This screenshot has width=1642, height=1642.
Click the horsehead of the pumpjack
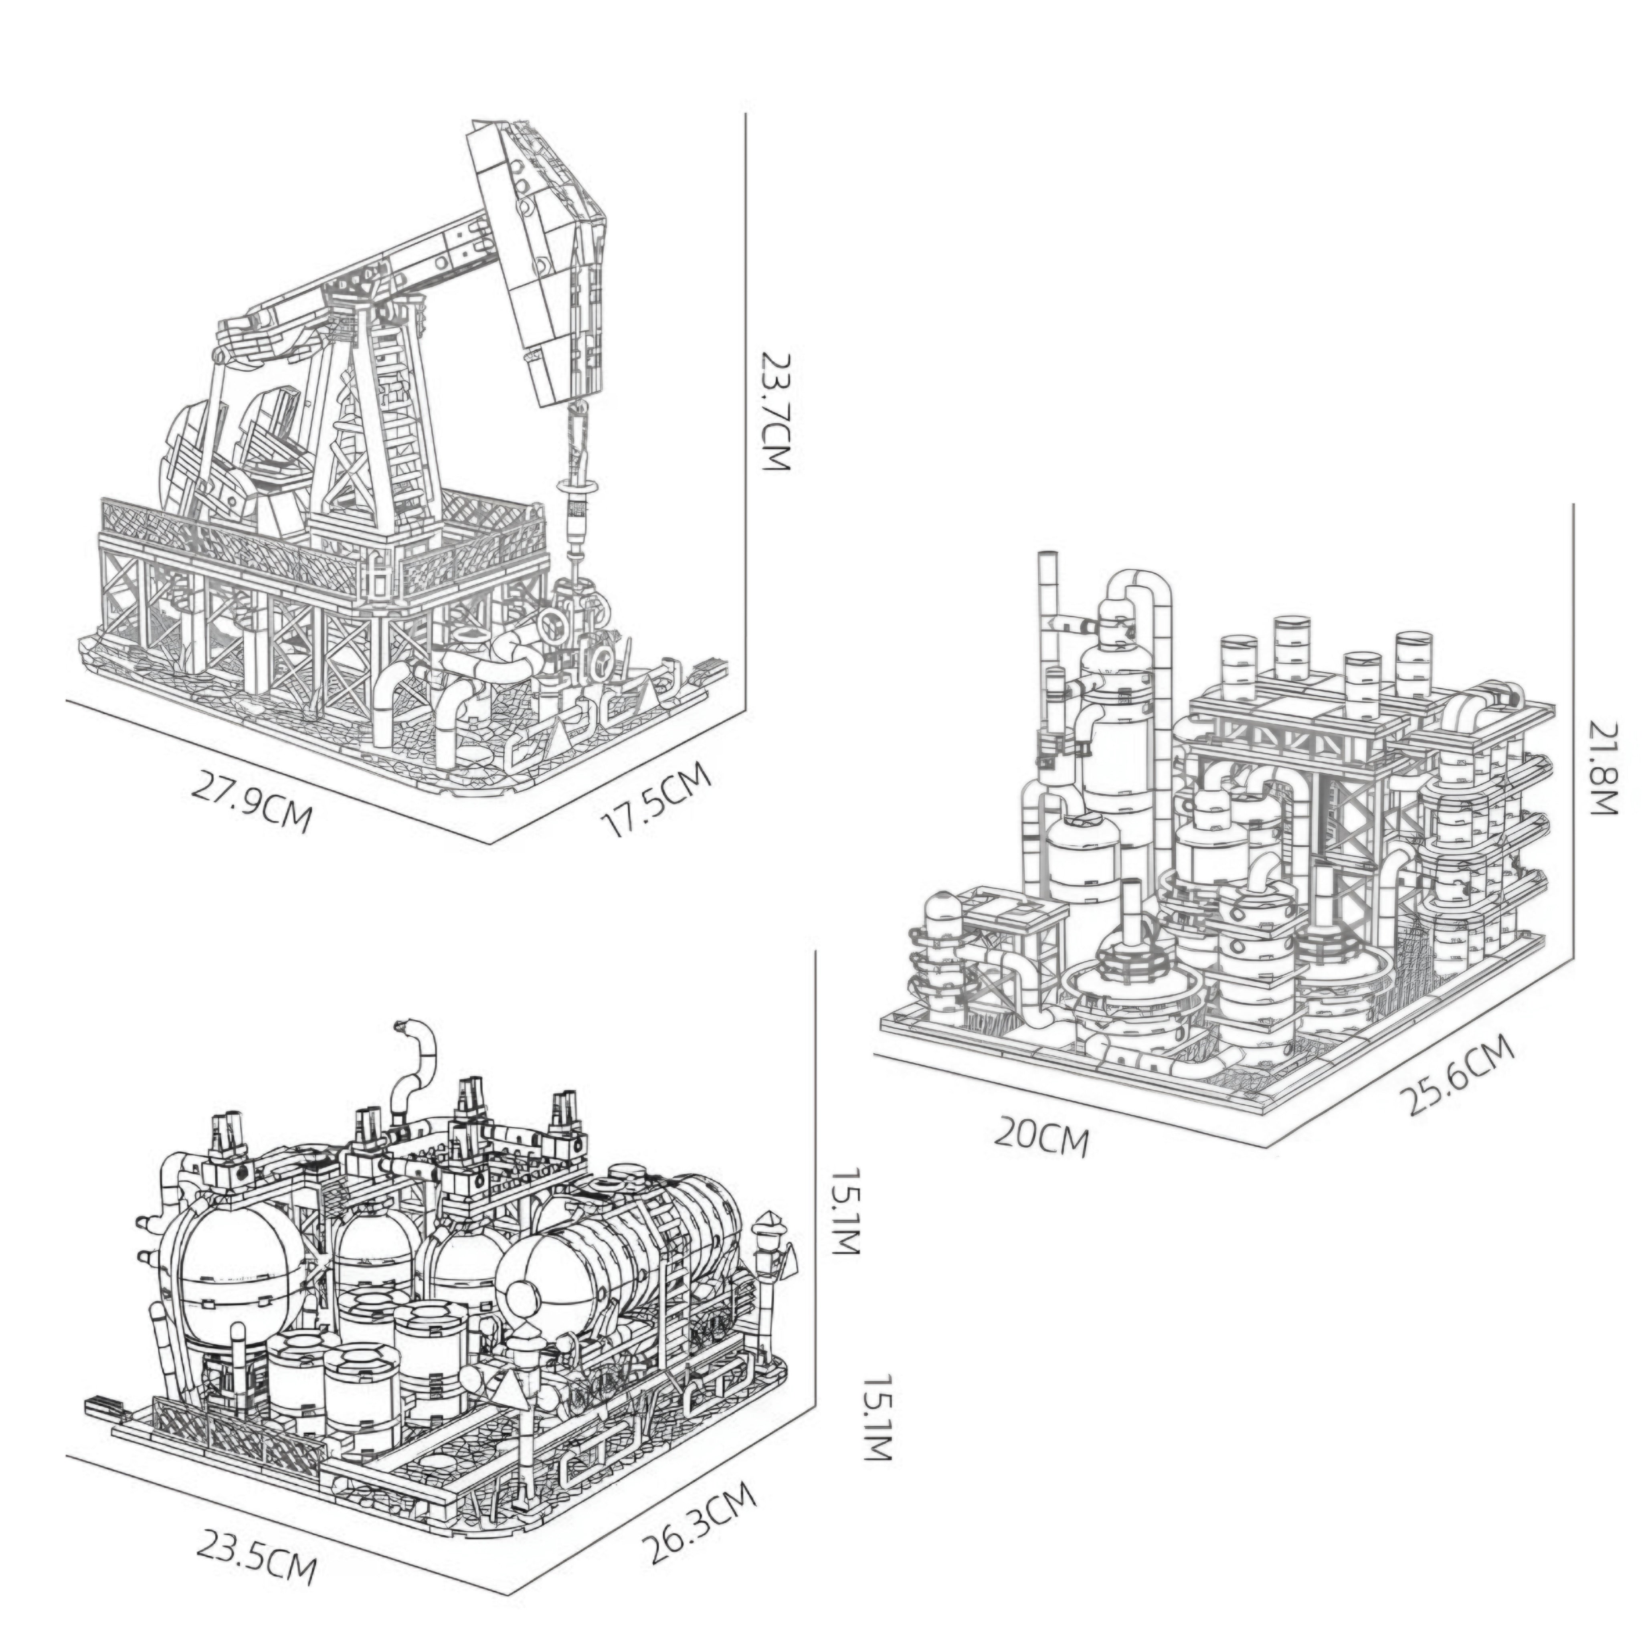[557, 255]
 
